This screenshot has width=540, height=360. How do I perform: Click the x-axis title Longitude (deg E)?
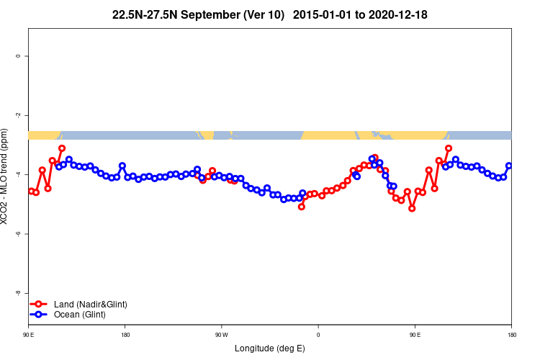click(x=270, y=348)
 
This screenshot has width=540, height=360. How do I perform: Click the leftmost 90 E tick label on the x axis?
click(x=28, y=335)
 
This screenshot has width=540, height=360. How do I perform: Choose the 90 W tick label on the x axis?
click(x=221, y=335)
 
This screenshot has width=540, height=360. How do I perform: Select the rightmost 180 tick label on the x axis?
click(x=511, y=335)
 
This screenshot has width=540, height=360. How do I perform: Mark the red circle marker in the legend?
click(x=40, y=305)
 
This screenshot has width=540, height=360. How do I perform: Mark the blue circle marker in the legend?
click(x=40, y=315)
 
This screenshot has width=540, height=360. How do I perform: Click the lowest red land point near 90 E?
click(x=412, y=208)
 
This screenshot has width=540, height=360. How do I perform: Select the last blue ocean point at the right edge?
click(x=509, y=166)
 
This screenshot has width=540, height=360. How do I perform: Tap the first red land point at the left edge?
click(x=31, y=191)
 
